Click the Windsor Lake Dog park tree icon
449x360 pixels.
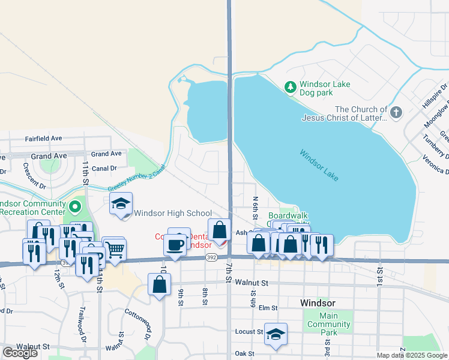(x=291, y=88)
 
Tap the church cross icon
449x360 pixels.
(x=396, y=112)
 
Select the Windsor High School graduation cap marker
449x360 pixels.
(x=121, y=204)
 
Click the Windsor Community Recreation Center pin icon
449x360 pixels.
(x=74, y=208)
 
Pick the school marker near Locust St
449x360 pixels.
(x=276, y=334)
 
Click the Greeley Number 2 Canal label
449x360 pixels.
(x=136, y=179)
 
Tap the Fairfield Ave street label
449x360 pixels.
(x=44, y=138)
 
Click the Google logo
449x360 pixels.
(x=20, y=353)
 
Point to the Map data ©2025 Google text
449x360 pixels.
(x=412, y=355)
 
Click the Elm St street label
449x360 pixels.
(x=268, y=308)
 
